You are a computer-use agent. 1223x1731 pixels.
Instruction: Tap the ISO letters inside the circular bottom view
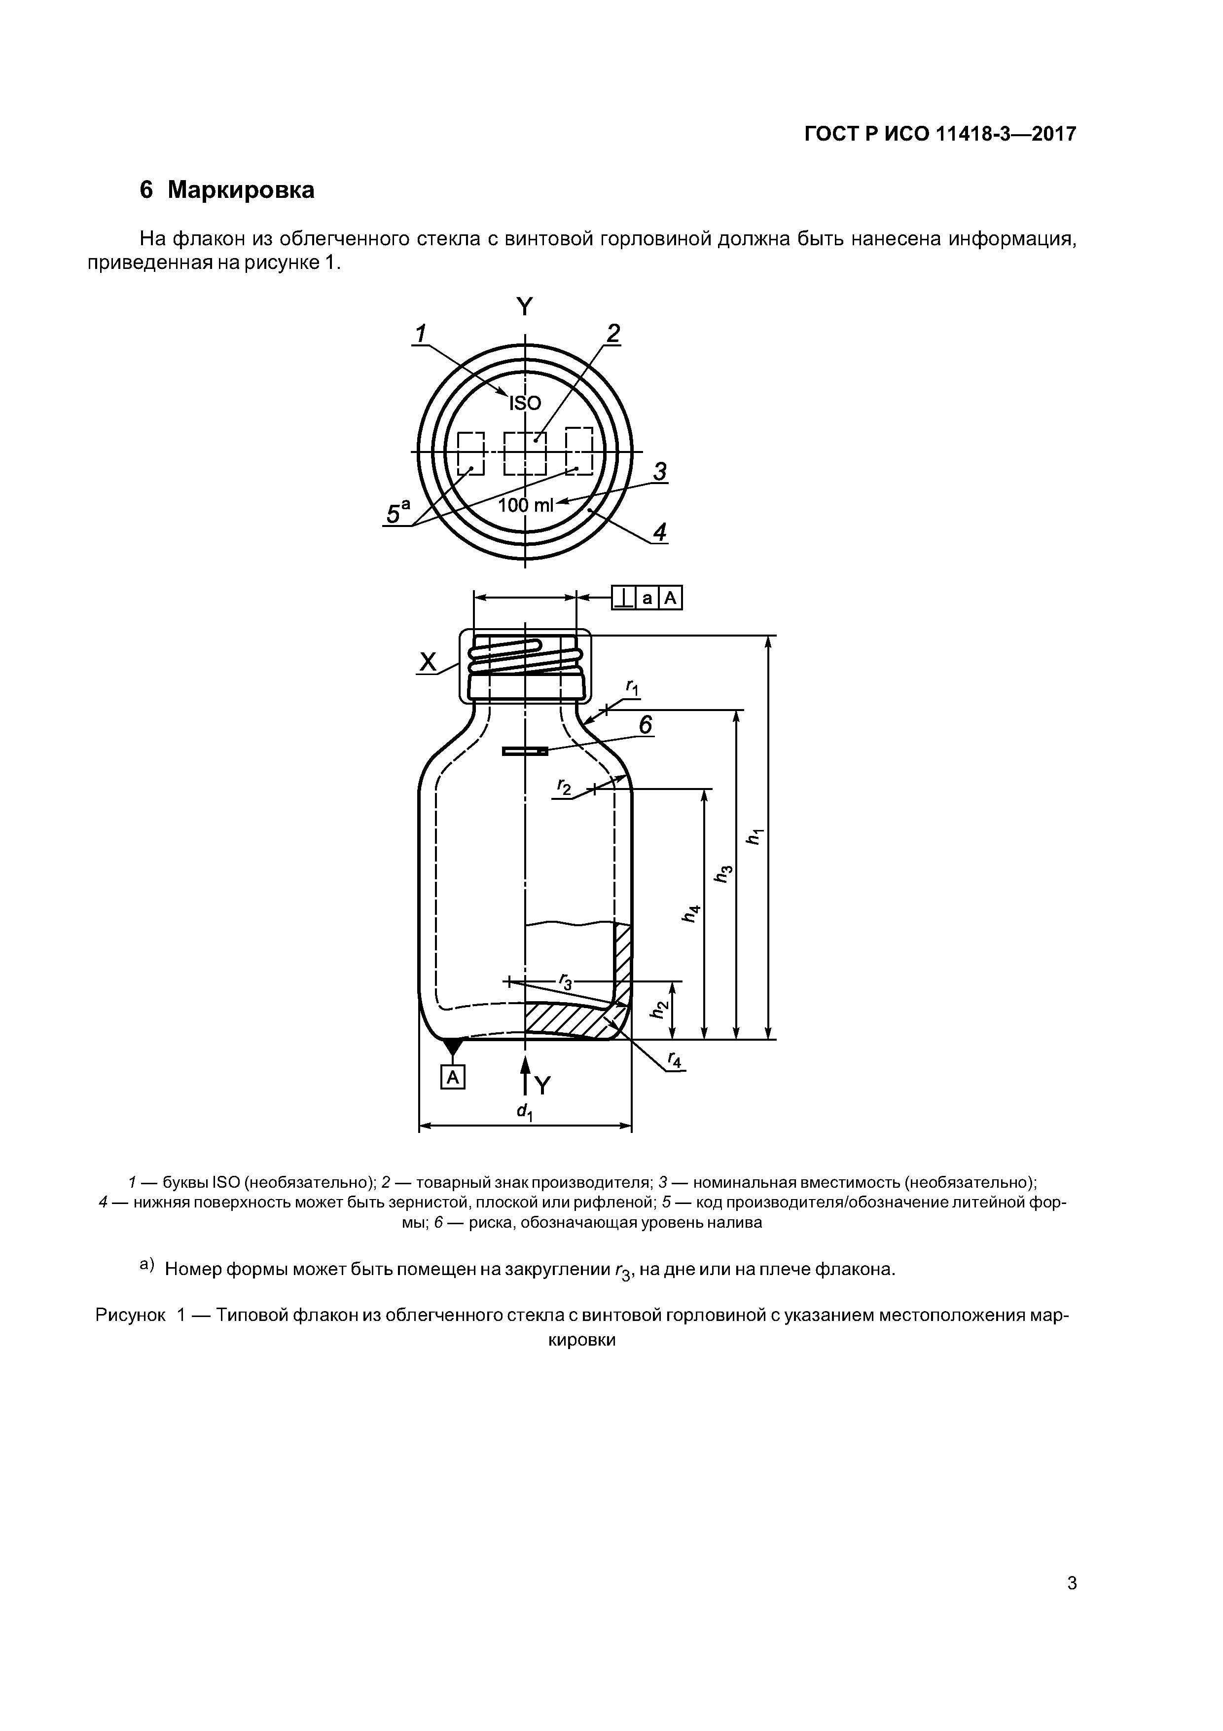tap(525, 403)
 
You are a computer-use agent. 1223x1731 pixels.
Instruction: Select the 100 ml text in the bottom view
tap(525, 505)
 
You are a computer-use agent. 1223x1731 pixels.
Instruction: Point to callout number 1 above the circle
tap(421, 333)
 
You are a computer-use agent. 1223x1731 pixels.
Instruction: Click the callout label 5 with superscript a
tap(397, 513)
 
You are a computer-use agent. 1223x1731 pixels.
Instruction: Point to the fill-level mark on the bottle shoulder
tap(525, 751)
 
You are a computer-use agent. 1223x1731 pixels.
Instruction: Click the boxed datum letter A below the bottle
tap(453, 1077)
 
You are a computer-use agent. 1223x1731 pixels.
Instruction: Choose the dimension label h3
tap(723, 873)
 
